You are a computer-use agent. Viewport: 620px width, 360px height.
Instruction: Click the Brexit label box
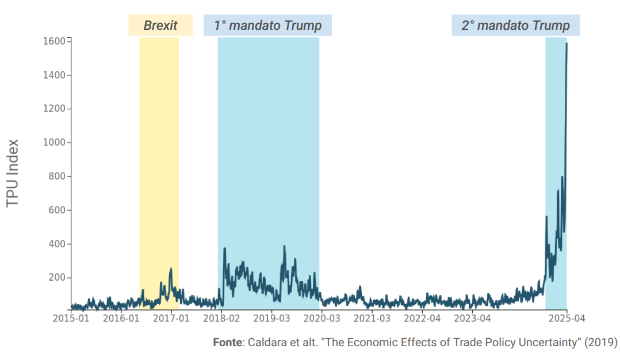click(x=160, y=25)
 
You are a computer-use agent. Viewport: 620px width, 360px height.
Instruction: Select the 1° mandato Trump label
click(x=267, y=25)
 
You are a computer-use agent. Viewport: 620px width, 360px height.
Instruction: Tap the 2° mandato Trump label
click(x=515, y=25)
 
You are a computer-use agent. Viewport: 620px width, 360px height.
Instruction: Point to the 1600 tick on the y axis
click(x=54, y=41)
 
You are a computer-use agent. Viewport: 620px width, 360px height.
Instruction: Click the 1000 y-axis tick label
click(x=54, y=143)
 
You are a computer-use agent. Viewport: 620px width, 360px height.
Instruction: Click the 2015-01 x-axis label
click(x=71, y=318)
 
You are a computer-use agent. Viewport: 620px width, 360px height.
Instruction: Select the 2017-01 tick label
click(x=171, y=318)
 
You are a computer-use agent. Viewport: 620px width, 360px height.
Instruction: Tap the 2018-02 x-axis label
click(x=221, y=318)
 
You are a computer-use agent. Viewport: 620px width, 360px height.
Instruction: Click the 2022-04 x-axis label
click(x=422, y=318)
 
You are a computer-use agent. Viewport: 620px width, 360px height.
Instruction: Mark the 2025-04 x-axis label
click(x=566, y=318)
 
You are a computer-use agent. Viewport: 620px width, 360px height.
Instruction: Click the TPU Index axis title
click(x=13, y=173)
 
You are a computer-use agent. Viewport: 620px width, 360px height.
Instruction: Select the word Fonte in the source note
click(x=227, y=343)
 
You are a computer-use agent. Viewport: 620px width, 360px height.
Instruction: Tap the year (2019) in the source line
click(x=600, y=343)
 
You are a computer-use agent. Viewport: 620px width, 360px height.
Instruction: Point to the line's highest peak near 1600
click(x=567, y=44)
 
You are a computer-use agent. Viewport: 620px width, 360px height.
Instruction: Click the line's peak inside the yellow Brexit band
click(x=171, y=269)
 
